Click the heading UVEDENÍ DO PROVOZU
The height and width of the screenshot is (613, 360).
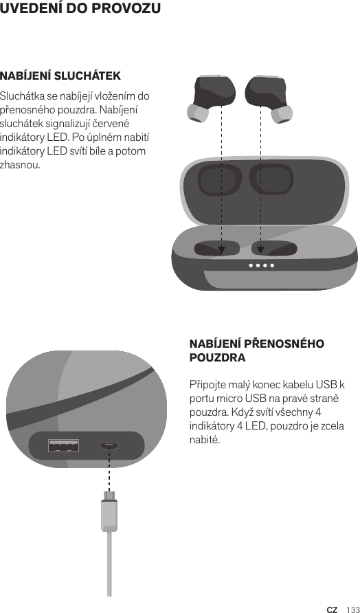tap(81, 9)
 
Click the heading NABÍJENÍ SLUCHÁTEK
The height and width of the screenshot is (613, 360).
tap(60, 75)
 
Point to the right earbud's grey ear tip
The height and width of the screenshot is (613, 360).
tap(282, 111)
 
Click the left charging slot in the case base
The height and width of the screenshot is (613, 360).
tap(216, 248)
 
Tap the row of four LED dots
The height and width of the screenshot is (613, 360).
tap(262, 265)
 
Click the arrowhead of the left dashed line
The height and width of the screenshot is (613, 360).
tap(221, 250)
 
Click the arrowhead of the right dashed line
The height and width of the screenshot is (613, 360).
tap(261, 250)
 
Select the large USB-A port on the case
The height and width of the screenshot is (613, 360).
tap(63, 445)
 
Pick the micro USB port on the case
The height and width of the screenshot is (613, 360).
tap(109, 445)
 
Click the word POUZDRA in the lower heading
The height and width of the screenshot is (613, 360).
tap(217, 359)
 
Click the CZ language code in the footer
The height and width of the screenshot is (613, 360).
tap(332, 609)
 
